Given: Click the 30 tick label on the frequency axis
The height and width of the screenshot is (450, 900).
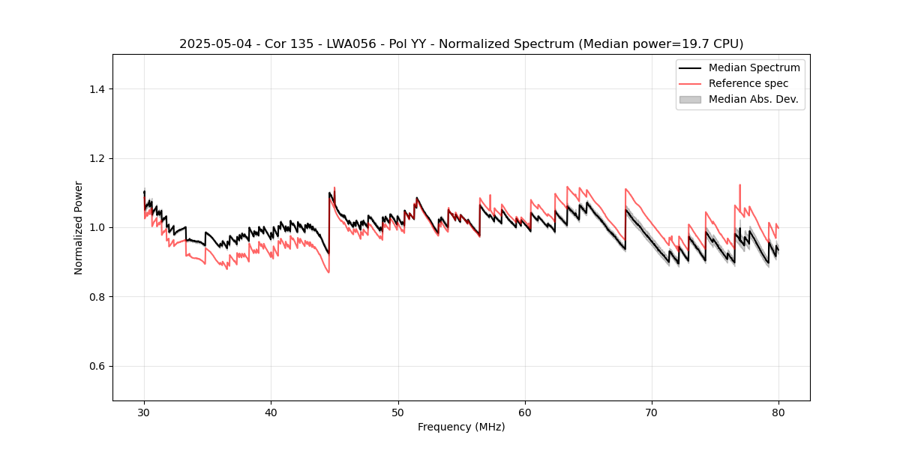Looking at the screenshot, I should point(144,412).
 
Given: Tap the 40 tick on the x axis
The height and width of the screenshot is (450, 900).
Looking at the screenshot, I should point(271,412).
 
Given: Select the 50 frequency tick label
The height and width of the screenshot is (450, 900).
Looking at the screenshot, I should point(398,412).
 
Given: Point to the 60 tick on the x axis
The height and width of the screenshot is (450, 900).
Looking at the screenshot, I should point(525,412).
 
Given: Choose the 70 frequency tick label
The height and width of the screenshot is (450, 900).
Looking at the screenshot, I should point(652,412).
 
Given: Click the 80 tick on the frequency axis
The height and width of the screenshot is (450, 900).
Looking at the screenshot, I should point(778,412).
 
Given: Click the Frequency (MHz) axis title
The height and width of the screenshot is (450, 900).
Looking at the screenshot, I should point(461,427).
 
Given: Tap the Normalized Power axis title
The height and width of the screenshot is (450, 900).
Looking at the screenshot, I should point(79,227).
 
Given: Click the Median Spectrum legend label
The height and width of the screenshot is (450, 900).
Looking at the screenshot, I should point(754,67).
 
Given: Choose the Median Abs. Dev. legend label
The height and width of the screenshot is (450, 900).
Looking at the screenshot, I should point(754,99).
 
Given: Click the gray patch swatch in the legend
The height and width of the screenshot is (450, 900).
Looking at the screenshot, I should point(690,99).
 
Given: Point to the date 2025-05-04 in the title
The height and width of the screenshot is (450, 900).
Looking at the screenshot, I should point(210,44).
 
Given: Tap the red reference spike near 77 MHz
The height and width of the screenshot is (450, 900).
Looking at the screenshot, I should point(739,186).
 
